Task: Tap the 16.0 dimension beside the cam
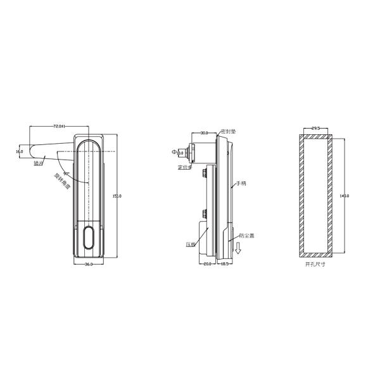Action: point(20,151)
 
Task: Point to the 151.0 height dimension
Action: point(116,196)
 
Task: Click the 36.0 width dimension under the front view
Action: point(89,264)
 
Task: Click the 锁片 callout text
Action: point(38,163)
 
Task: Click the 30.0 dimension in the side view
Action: point(204,134)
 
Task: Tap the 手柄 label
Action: point(241,184)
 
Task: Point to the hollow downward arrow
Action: point(237,249)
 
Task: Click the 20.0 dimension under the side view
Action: point(207,264)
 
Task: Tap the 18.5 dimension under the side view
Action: point(224,264)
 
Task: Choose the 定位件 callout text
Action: point(184,168)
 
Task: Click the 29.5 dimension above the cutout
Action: point(315,129)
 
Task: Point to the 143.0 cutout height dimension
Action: point(345,196)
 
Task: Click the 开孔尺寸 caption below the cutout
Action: point(315,264)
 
